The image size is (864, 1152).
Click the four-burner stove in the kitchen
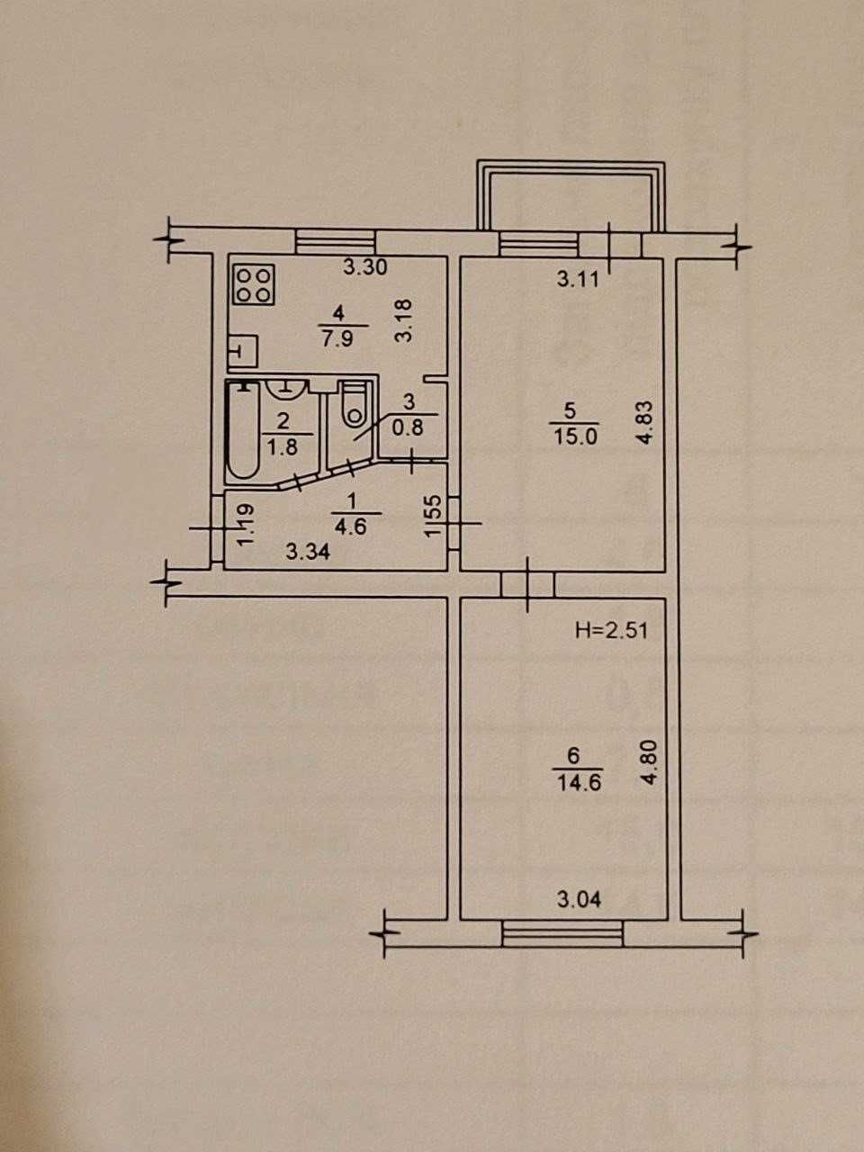(254, 285)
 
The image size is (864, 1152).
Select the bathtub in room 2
(242, 430)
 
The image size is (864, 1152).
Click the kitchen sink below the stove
(243, 351)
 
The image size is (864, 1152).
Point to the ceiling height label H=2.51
(611, 630)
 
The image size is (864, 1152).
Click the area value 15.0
(575, 436)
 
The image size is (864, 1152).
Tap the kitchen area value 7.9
(337, 338)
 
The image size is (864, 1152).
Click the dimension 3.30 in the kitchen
(365, 267)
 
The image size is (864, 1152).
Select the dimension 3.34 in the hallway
(308, 552)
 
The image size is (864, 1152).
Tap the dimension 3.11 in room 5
(578, 279)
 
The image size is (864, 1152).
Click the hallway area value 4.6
(352, 526)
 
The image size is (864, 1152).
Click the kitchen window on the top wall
(335, 243)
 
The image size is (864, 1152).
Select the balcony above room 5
(571, 196)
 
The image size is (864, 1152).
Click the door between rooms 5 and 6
(527, 583)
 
